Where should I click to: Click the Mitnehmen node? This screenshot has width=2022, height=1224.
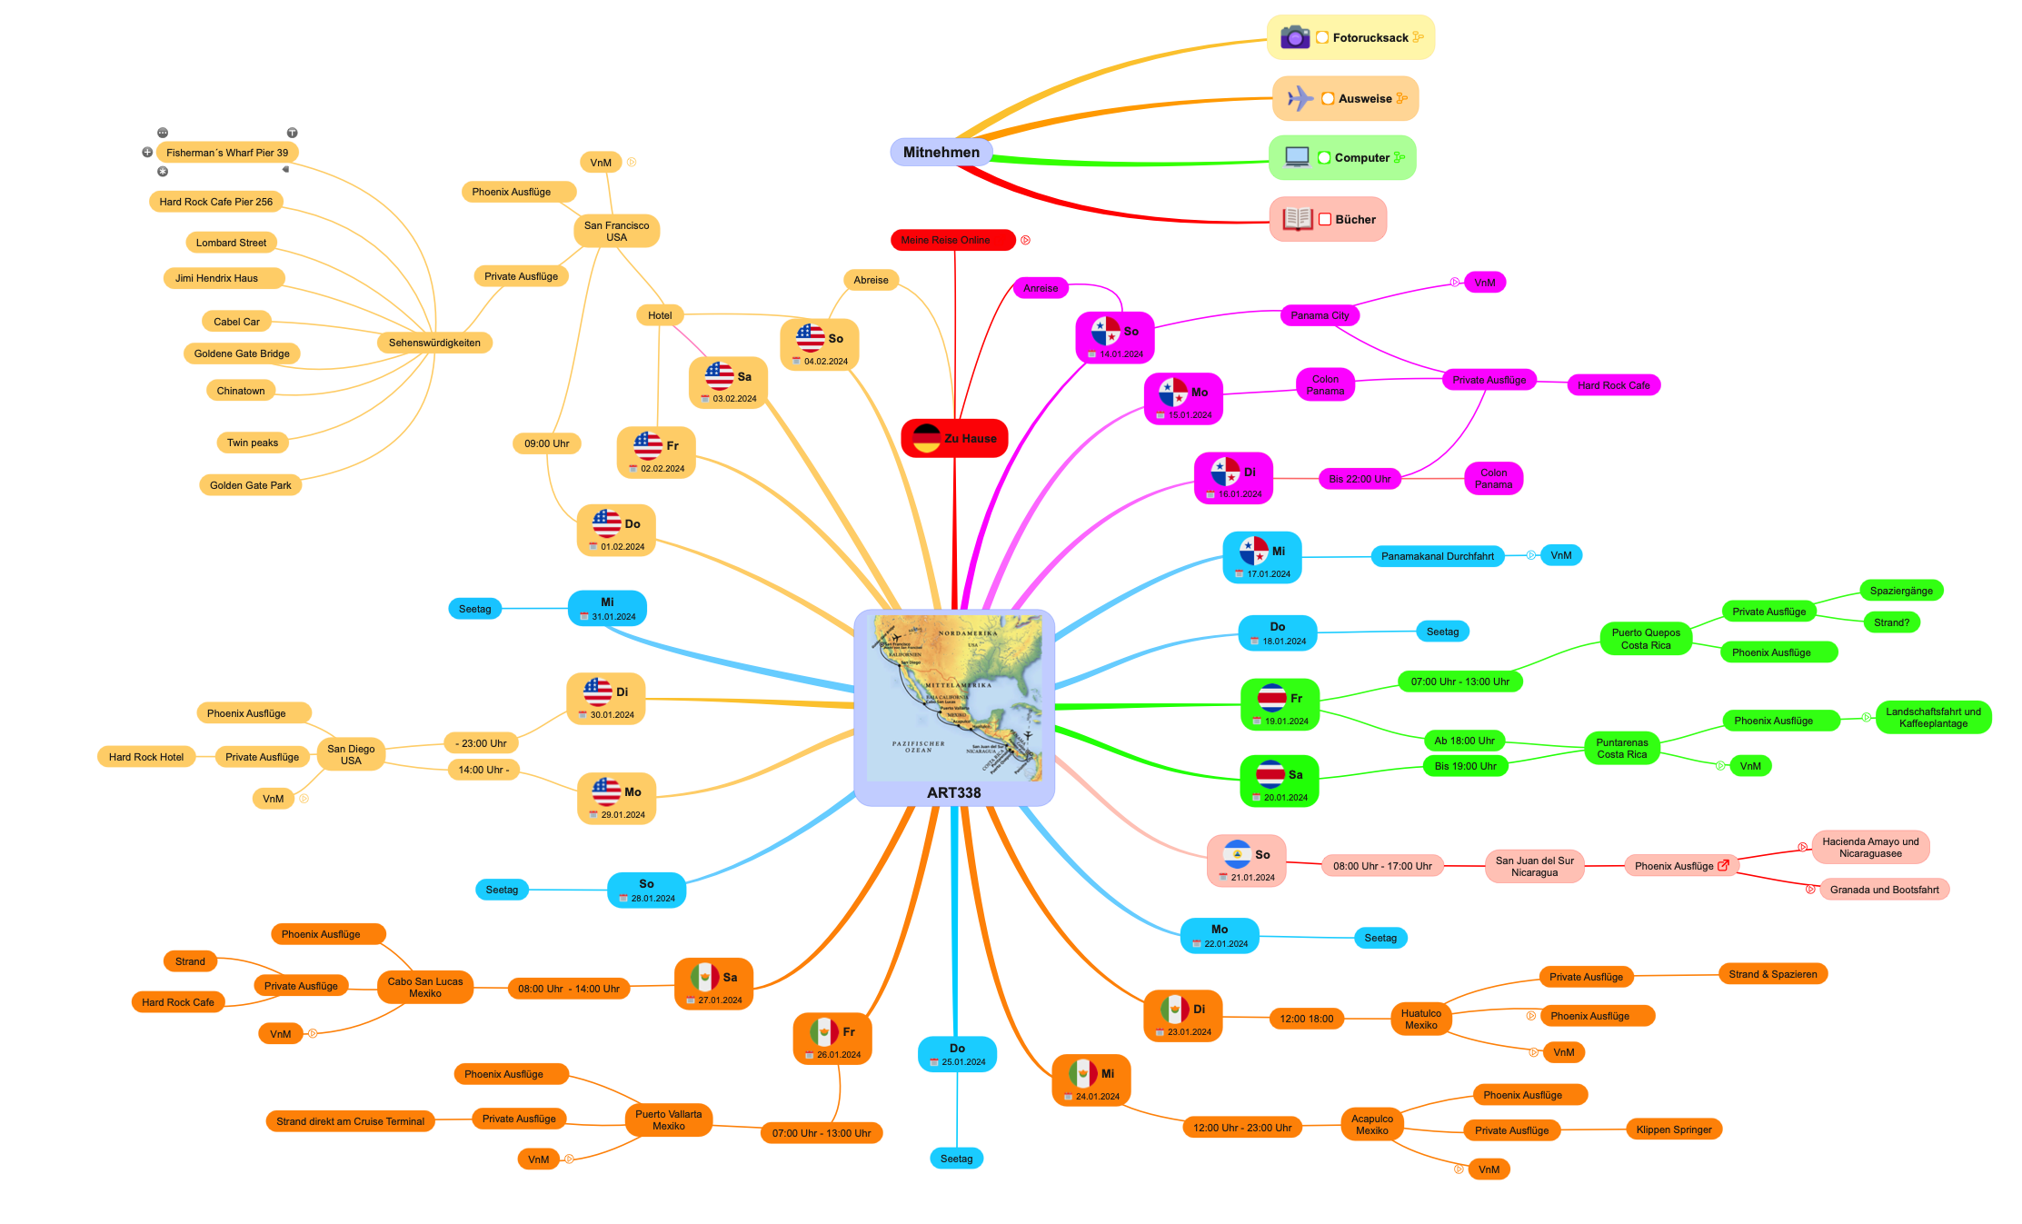(x=941, y=153)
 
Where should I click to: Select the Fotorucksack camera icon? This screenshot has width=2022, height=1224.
(x=1294, y=37)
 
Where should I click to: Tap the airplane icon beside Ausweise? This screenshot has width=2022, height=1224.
(x=1300, y=98)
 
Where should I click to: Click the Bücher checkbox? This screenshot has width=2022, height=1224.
(x=1325, y=220)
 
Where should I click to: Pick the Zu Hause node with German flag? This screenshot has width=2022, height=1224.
(x=954, y=438)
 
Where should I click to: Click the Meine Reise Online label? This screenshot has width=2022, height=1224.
(x=951, y=240)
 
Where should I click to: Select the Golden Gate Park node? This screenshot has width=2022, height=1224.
(x=250, y=485)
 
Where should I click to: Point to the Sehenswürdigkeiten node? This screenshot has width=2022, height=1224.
(x=434, y=343)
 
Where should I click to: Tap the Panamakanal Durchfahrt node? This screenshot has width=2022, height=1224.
(x=1437, y=556)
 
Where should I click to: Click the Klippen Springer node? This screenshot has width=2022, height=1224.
(x=1673, y=1129)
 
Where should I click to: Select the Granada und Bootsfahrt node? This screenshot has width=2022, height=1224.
(x=1884, y=890)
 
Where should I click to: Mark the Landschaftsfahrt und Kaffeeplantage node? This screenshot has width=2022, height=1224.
(x=1933, y=718)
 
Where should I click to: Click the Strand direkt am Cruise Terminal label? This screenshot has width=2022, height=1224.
(x=350, y=1121)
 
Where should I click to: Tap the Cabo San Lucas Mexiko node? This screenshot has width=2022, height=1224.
(x=424, y=987)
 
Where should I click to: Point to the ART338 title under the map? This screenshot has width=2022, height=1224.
(x=953, y=792)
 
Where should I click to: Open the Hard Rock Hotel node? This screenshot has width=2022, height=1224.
(x=145, y=757)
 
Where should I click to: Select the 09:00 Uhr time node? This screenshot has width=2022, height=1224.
(x=546, y=443)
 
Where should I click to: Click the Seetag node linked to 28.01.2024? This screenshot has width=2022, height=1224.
(x=502, y=890)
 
